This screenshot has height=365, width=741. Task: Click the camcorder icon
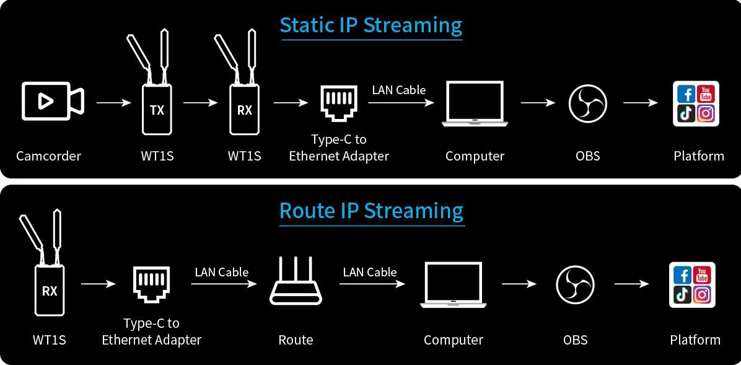(x=52, y=100)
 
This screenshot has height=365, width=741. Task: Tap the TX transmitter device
(x=157, y=109)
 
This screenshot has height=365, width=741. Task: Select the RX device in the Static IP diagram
(x=245, y=109)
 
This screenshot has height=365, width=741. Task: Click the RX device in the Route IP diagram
(x=50, y=290)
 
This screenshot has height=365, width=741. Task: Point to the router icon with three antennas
(x=296, y=282)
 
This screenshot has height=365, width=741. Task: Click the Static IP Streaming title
(x=371, y=25)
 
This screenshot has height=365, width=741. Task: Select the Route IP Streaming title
(x=371, y=211)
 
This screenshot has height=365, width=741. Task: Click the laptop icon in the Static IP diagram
(x=474, y=104)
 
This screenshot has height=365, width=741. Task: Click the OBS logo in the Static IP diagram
(x=587, y=103)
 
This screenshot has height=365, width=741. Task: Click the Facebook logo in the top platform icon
(x=686, y=94)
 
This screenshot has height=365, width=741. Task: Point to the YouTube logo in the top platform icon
(x=706, y=94)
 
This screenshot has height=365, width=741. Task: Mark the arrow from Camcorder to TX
(x=115, y=102)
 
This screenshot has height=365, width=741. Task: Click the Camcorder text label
(x=49, y=156)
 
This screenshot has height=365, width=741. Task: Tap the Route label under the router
(x=296, y=340)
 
